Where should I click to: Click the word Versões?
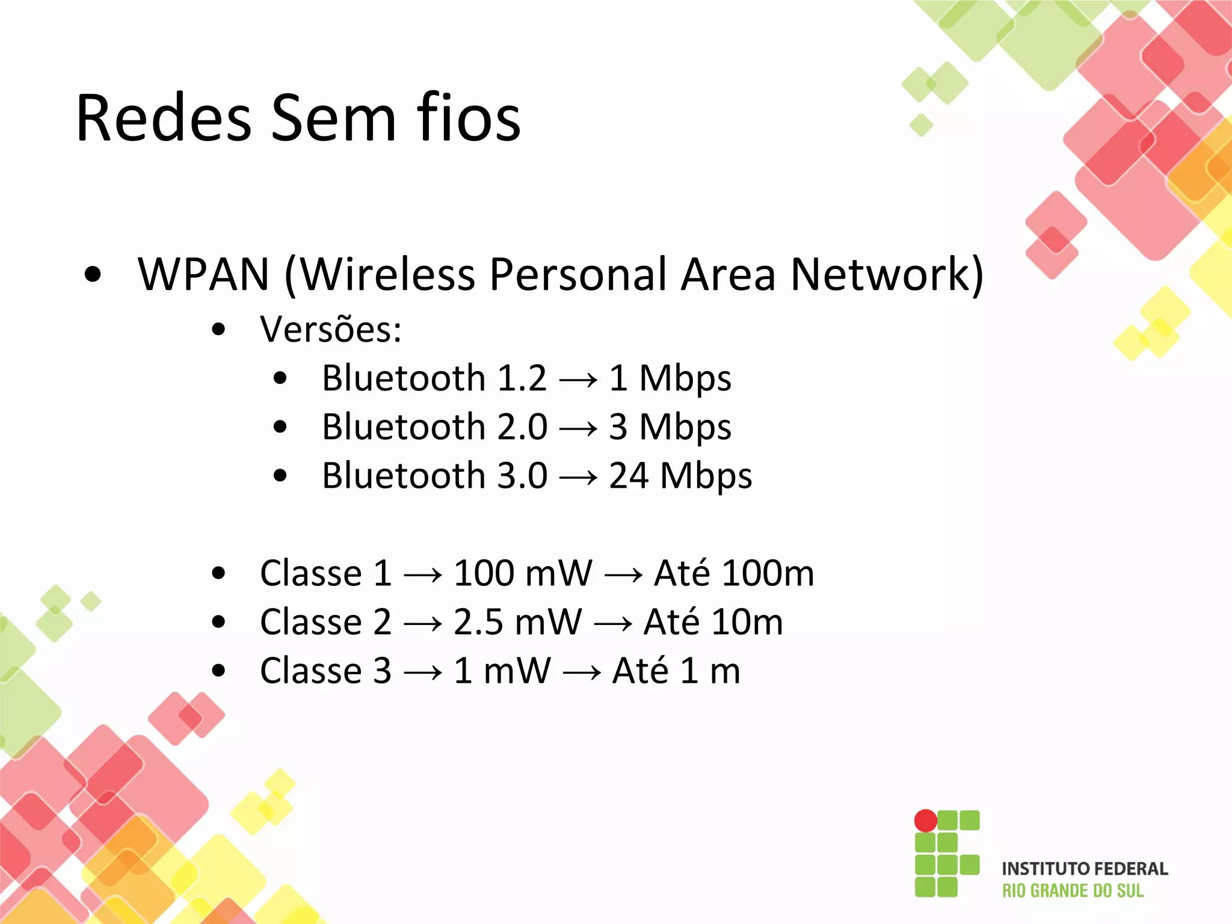[x=330, y=330]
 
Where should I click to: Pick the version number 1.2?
[x=522, y=379]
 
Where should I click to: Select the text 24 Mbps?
[x=680, y=476]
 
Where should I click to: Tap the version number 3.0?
[x=522, y=476]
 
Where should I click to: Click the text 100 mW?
[x=522, y=573]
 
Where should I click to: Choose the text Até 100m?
[x=734, y=573]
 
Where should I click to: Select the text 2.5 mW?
[x=517, y=622]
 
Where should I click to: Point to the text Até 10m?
[x=713, y=622]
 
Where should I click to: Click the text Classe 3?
[x=325, y=671]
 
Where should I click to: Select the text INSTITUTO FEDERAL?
[x=1085, y=869]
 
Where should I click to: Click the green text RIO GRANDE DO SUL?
[x=1073, y=891]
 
